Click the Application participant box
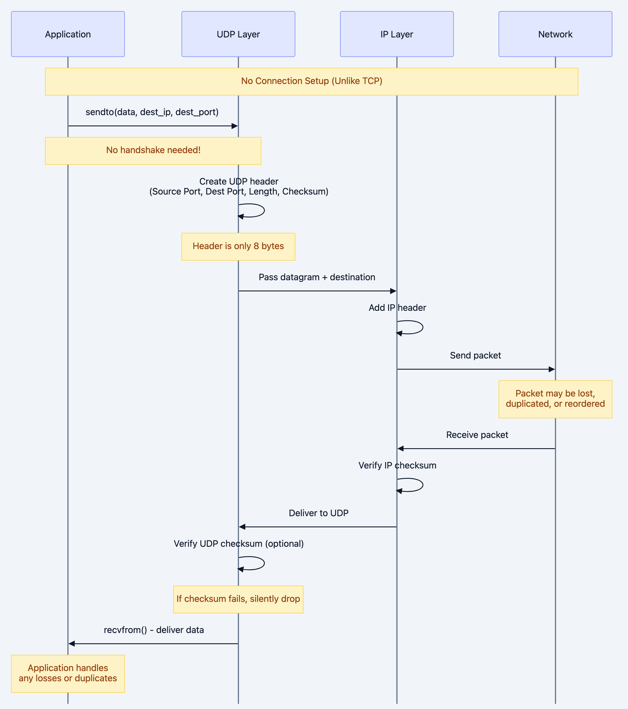(68, 34)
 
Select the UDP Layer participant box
(238, 34)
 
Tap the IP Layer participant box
(397, 34)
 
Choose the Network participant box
(555, 34)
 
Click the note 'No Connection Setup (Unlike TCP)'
(311, 81)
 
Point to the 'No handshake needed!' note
(153, 150)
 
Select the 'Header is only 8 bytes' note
(238, 246)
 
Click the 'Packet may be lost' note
(555, 398)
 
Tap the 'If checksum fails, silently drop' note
(238, 599)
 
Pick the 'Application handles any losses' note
(68, 673)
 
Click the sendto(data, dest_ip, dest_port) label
(152, 112)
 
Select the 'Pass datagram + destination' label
(317, 277)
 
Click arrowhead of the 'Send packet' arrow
(552, 369)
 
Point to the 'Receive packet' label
(477, 435)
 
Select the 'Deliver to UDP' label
(318, 513)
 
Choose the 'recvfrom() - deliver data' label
(154, 630)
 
